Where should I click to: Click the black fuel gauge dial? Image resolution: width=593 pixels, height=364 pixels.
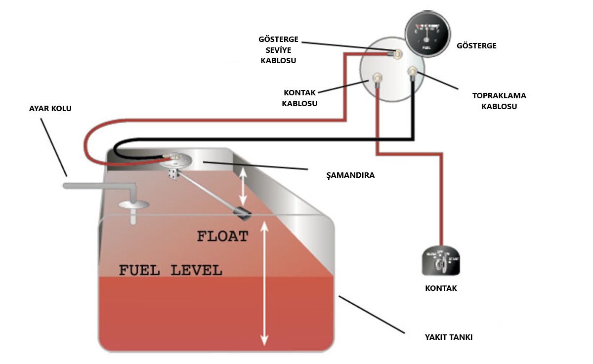pyautogui.click(x=426, y=35)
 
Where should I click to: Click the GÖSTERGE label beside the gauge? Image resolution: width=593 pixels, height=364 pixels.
pyautogui.click(x=476, y=46)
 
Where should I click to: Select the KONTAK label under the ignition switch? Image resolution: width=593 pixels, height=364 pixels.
pyautogui.click(x=441, y=288)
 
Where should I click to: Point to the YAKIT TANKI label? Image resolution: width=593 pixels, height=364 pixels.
pyautogui.click(x=449, y=337)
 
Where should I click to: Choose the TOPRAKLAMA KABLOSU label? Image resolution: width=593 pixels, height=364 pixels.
pyautogui.click(x=499, y=101)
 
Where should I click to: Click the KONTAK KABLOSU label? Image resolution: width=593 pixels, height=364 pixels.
pyautogui.click(x=299, y=98)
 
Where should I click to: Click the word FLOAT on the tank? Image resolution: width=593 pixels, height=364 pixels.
pyautogui.click(x=222, y=237)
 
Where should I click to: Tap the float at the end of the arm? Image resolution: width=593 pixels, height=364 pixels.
pyautogui.click(x=242, y=214)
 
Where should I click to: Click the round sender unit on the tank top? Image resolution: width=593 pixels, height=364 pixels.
pyautogui.click(x=176, y=160)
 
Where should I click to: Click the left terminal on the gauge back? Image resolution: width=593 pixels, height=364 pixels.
pyautogui.click(x=377, y=78)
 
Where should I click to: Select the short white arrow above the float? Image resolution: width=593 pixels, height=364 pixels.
pyautogui.click(x=243, y=188)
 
